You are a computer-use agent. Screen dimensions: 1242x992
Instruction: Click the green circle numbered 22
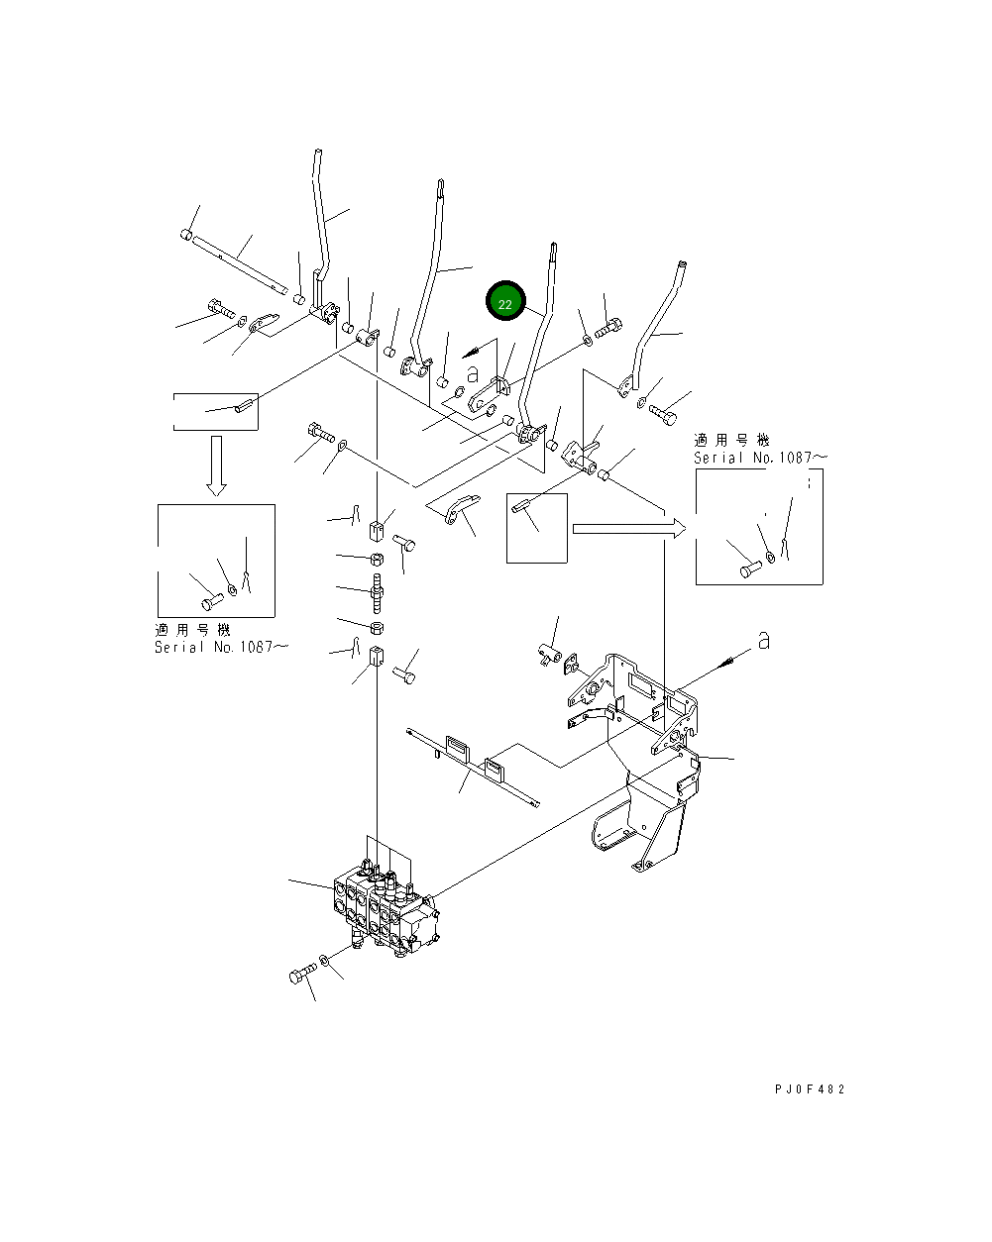(x=505, y=303)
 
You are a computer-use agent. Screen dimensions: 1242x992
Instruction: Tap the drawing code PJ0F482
(x=810, y=1089)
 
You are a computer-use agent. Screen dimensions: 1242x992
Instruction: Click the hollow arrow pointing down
(x=216, y=466)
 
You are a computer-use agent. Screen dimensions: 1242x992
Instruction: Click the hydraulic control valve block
(x=385, y=903)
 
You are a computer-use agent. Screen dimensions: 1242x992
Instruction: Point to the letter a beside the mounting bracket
(x=763, y=641)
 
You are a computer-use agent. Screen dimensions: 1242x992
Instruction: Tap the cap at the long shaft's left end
(x=185, y=235)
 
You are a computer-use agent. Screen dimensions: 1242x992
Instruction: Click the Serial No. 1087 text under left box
(x=221, y=647)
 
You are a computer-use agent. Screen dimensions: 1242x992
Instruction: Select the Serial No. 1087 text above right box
(x=759, y=458)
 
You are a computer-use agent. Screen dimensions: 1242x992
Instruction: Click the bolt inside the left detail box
(x=211, y=600)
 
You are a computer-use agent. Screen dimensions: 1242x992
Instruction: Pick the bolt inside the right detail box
(x=749, y=569)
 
